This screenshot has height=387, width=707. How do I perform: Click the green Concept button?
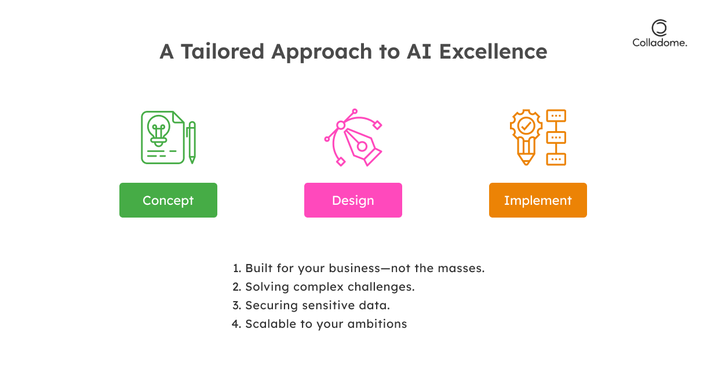[x=168, y=200]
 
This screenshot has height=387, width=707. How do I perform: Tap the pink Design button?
[x=353, y=200]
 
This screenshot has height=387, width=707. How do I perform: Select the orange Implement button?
[x=538, y=200]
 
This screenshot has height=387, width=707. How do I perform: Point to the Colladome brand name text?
[x=659, y=43]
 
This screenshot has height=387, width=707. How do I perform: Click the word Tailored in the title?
[x=223, y=52]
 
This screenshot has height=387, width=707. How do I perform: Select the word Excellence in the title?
[x=493, y=52]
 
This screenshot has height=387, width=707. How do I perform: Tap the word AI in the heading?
[x=419, y=52]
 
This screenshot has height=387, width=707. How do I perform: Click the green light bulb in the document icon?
[x=159, y=130]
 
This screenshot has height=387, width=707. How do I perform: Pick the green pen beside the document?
[x=192, y=143]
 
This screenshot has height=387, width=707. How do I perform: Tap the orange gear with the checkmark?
[x=526, y=126]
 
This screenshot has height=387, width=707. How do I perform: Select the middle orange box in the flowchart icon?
[x=556, y=138]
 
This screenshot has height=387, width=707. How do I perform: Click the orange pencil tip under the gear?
[x=526, y=160]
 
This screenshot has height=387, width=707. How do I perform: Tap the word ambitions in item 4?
[x=377, y=324]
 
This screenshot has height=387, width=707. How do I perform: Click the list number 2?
[x=236, y=287]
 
